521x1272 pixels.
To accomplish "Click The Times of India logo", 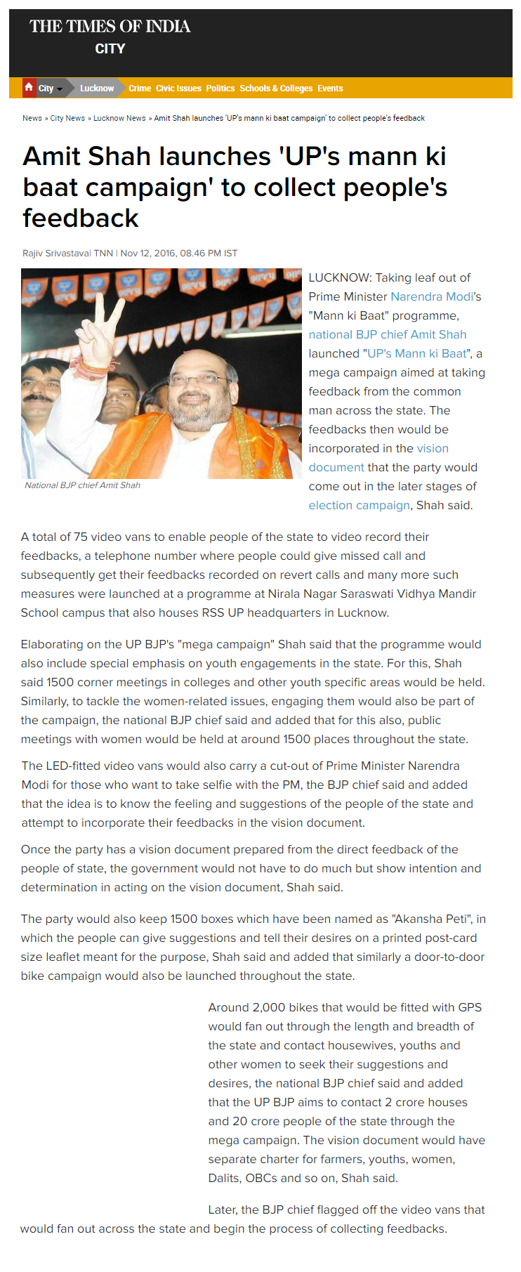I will tap(110, 27).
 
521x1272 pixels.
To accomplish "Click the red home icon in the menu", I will tap(29, 87).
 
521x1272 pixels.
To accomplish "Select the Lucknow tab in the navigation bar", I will tap(96, 88).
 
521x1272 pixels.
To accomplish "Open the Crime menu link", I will tap(140, 88).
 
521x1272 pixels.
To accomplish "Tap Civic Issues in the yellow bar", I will tap(178, 88).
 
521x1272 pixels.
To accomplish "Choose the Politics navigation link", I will tap(220, 88).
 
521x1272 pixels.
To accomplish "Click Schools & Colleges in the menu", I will tap(276, 88).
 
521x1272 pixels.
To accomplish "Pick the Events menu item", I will tap(330, 88).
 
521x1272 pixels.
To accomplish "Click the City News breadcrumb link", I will tap(67, 118).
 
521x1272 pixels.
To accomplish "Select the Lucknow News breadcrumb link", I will tap(119, 118).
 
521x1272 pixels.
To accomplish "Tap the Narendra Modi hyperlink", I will tap(432, 296).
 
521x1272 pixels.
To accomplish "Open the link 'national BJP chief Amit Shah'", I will tap(388, 334).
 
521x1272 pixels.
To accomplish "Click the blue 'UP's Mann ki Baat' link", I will tap(416, 353).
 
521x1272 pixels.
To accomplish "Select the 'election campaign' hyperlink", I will tap(359, 505).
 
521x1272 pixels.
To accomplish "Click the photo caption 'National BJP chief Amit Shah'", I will tap(82, 485).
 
